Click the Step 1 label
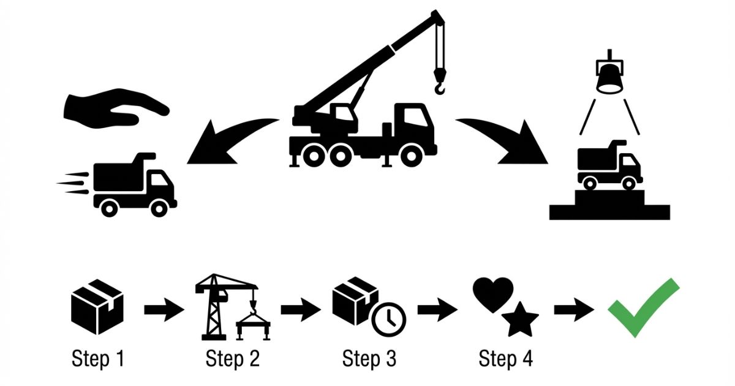click(98, 358)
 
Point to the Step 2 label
click(233, 358)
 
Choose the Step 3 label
click(369, 358)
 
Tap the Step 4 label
click(506, 358)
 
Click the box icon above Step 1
click(98, 306)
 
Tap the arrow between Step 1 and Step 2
click(164, 309)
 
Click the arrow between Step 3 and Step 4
click(437, 309)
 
